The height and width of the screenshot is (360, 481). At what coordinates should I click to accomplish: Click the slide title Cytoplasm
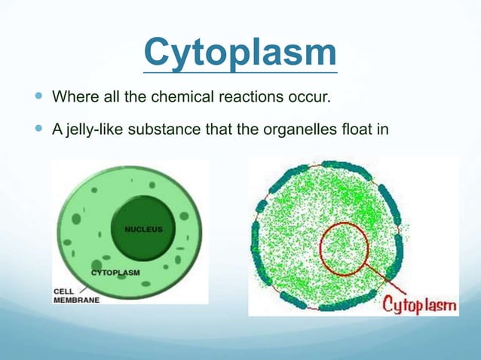pyautogui.click(x=240, y=51)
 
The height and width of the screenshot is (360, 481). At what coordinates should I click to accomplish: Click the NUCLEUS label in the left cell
pyautogui.click(x=143, y=227)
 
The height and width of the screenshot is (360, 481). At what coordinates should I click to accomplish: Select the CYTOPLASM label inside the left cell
pyautogui.click(x=115, y=271)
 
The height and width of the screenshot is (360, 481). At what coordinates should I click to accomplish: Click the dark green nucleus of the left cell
pyautogui.click(x=143, y=241)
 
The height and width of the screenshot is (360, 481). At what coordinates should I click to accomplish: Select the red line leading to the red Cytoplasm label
pyautogui.click(x=388, y=286)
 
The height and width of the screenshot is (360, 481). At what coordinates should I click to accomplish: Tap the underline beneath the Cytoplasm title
pyautogui.click(x=240, y=72)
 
